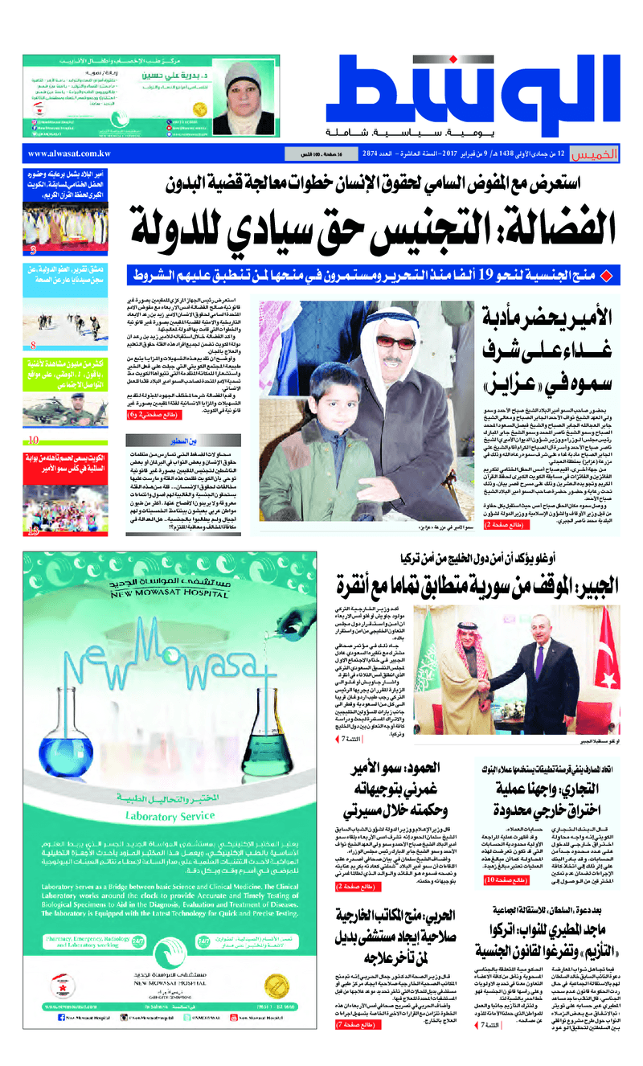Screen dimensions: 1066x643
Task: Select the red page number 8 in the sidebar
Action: [32, 346]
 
